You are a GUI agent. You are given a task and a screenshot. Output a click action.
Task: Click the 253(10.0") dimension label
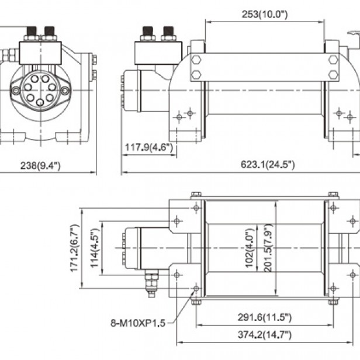265,14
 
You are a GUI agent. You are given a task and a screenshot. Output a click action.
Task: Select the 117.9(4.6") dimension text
149,148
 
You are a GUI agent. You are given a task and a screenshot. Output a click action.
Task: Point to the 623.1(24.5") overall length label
268,165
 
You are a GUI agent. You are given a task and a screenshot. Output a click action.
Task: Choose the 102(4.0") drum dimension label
250,245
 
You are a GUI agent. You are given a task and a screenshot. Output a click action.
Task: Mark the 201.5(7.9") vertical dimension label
268,245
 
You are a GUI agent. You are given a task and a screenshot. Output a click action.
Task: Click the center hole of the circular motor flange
40,91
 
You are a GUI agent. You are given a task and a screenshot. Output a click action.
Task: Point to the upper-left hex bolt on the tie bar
196,60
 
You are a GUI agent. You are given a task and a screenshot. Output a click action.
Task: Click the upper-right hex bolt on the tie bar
333,60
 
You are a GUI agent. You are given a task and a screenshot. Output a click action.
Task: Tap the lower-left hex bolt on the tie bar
196,74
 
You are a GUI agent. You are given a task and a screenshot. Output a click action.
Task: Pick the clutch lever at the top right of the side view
352,39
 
